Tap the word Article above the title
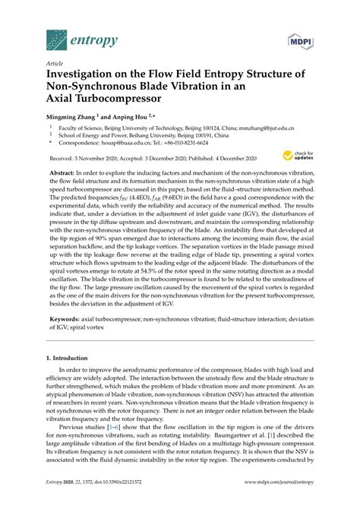(x=54, y=65)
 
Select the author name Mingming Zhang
(x=73, y=119)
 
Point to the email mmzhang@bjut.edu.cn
(x=270, y=130)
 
